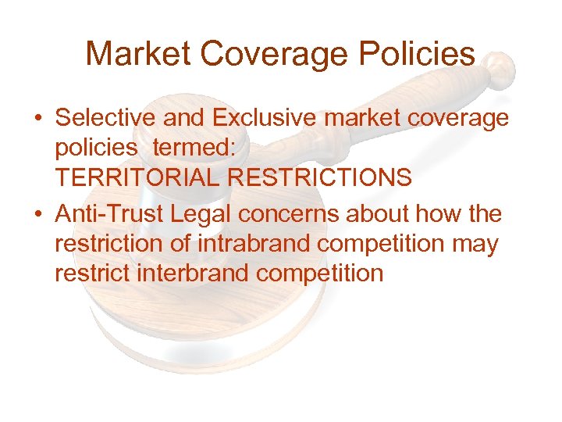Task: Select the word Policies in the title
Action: tap(418, 54)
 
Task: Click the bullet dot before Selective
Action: tap(38, 120)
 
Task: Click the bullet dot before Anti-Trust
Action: tap(38, 215)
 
